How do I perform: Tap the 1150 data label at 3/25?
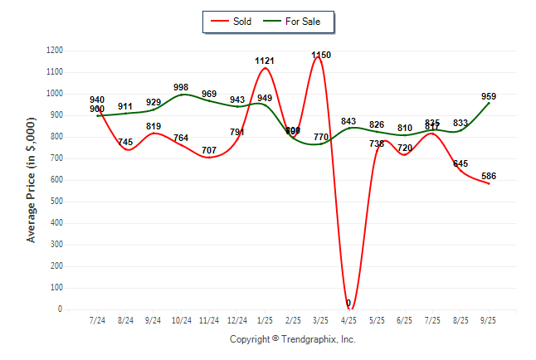321,56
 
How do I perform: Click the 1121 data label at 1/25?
265,61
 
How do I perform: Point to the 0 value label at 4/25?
348,303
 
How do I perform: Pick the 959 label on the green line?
489,96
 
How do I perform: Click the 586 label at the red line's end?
489,176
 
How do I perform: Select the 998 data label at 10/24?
182,88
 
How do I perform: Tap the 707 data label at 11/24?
209,150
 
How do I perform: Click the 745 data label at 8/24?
125,143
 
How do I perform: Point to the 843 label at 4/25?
348,121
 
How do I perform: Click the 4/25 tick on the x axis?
348,319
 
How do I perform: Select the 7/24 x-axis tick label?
97,319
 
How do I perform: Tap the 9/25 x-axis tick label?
489,319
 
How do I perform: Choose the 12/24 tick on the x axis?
237,319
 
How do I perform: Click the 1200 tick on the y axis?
54,51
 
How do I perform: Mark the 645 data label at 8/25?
460,163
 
